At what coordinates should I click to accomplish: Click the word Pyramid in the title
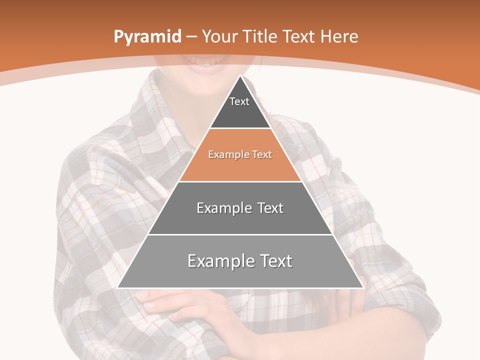tap(147, 37)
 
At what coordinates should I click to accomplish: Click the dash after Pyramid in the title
tap(191, 37)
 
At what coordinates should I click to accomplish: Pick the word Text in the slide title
tap(299, 37)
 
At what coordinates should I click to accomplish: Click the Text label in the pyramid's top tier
tap(239, 101)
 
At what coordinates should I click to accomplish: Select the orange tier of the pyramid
tap(240, 167)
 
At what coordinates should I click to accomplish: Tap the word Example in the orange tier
tap(224, 155)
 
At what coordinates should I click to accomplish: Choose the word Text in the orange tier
tap(262, 155)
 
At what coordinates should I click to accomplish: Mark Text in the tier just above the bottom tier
tap(270, 208)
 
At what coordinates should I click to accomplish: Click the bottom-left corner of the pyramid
tap(117, 287)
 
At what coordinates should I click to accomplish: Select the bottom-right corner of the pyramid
tap(363, 287)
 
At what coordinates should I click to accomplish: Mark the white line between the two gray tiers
tap(240, 234)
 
